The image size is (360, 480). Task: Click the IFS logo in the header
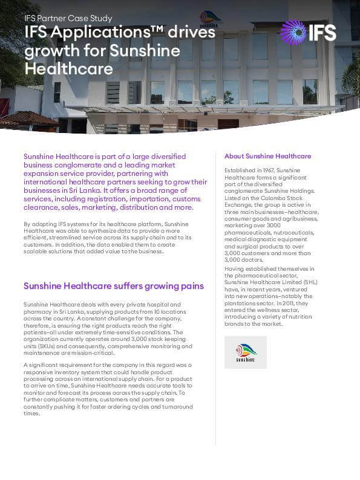(x=309, y=31)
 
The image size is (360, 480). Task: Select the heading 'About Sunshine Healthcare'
(x=267, y=156)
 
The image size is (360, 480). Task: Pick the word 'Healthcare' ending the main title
(x=68, y=68)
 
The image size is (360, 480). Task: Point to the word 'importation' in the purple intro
(x=137, y=198)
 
